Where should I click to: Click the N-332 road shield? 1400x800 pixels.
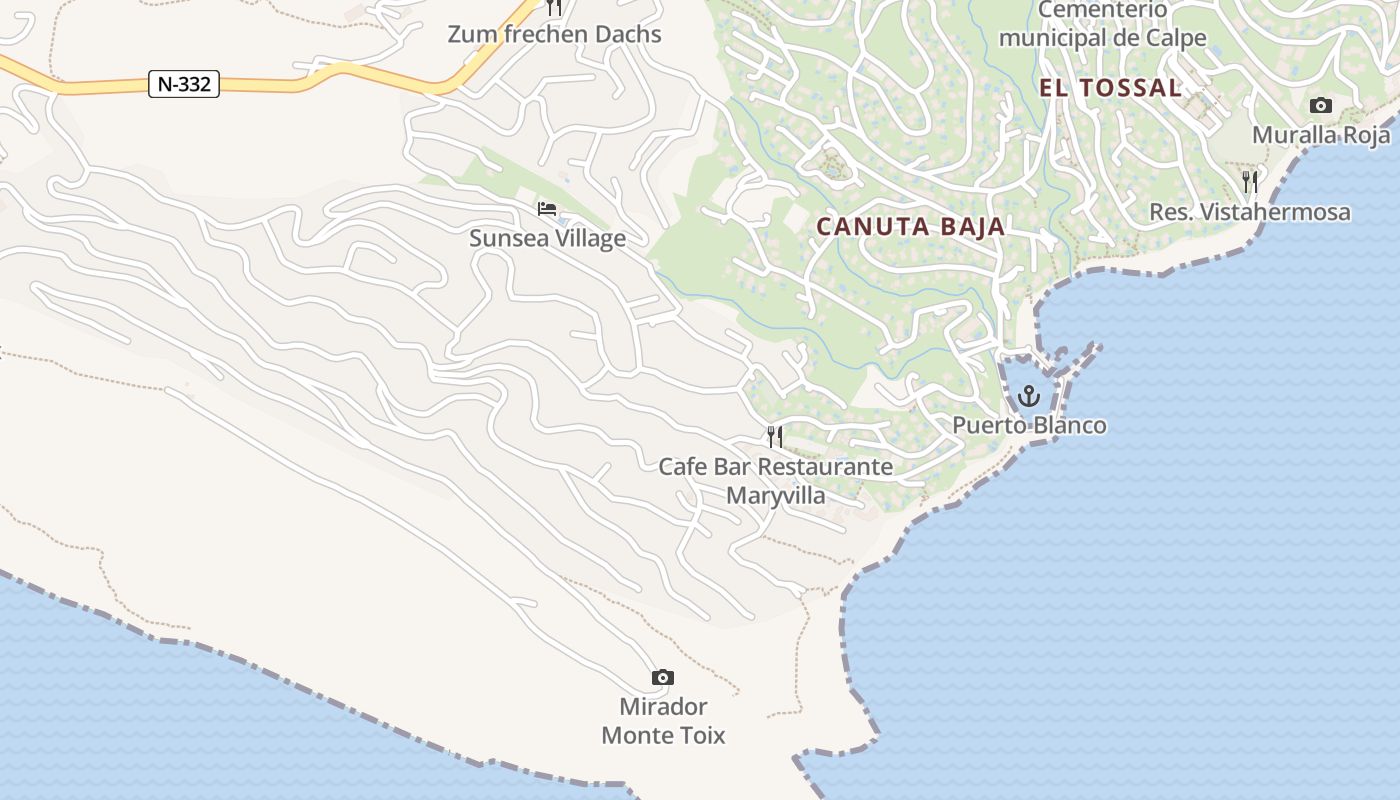pos(184,84)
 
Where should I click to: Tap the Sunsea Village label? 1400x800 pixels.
pos(547,238)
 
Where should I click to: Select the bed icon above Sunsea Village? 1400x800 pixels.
pos(547,209)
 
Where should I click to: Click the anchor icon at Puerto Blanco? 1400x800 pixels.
pos(1028,397)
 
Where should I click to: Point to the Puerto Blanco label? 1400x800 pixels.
pos(1029,425)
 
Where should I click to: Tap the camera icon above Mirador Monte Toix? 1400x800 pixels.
pos(662,678)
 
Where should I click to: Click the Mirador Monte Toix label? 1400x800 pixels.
pos(662,721)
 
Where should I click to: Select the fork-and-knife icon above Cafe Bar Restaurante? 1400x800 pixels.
pos(774,437)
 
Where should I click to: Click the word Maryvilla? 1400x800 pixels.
pos(776,495)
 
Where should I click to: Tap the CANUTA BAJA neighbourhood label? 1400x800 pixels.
pos(910,226)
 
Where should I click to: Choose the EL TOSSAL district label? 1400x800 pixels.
pos(1110,88)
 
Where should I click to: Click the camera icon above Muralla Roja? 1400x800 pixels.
pos(1320,106)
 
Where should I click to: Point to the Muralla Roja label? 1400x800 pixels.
pos(1321,135)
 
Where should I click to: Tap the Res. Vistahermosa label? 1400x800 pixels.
pos(1249,212)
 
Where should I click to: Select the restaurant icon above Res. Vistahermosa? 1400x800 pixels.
pos(1249,182)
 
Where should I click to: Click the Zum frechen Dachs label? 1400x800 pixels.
pos(554,34)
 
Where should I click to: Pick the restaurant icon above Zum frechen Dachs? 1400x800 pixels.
pos(554,8)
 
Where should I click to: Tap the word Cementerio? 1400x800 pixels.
pos(1102,10)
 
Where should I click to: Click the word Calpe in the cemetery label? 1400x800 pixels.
pos(1179,39)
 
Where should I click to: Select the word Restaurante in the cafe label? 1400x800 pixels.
pos(825,467)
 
